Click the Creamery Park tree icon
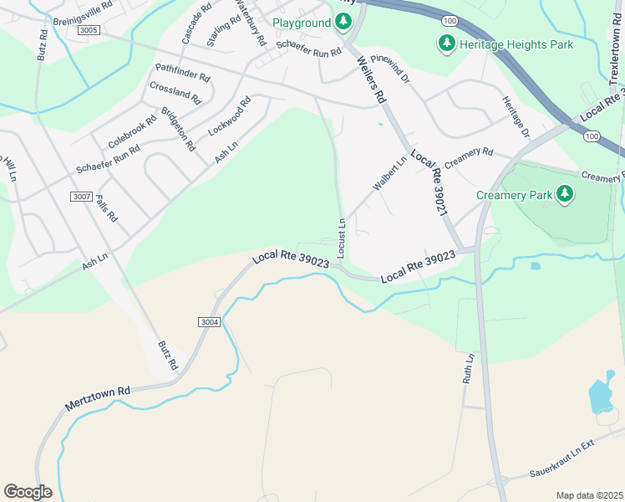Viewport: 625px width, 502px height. point(567,194)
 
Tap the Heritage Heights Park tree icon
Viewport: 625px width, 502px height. point(447,44)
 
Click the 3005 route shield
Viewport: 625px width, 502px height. point(89,30)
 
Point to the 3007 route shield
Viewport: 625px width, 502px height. point(81,197)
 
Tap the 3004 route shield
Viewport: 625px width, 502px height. point(210,321)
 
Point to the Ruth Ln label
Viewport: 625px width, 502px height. point(470,368)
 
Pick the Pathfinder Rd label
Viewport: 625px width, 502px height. point(182,72)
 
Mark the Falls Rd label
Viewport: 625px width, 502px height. point(106,208)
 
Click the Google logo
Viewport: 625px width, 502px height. point(28,492)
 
